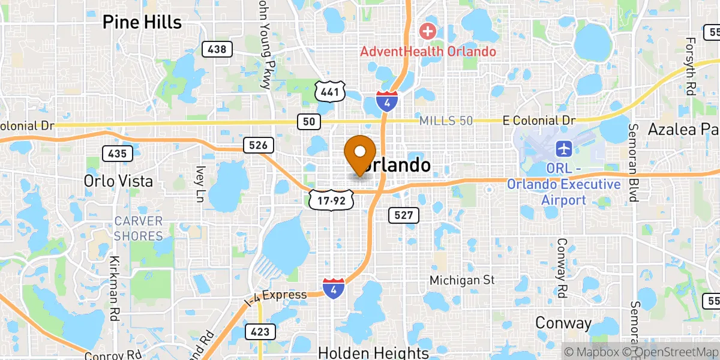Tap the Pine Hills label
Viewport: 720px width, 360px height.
pos(142,22)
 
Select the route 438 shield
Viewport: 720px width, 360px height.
pos(217,49)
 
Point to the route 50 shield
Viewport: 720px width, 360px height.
pos(308,122)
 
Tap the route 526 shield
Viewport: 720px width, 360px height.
pos(259,145)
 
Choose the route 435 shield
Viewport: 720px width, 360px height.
pos(117,154)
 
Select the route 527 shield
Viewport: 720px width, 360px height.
pos(403,215)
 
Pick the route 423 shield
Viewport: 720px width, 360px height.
pos(260,331)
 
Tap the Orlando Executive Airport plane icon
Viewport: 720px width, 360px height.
pos(564,148)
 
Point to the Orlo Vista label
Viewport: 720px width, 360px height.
pos(118,181)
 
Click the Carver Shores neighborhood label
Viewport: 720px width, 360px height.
pos(139,228)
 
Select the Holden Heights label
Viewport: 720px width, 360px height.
pos(374,352)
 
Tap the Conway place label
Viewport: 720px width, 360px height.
pos(563,323)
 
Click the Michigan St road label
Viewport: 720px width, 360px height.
pos(462,280)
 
